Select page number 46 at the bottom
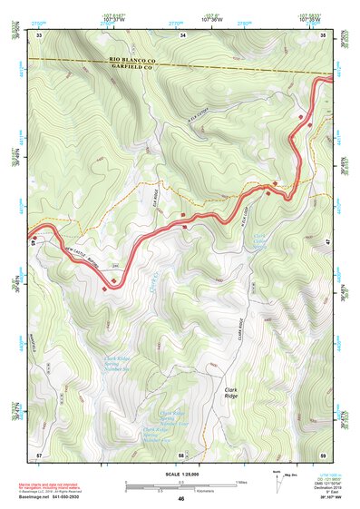(181, 499)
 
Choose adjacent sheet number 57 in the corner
(39, 454)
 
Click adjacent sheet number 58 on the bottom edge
(181, 454)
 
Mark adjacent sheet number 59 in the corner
(324, 454)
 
